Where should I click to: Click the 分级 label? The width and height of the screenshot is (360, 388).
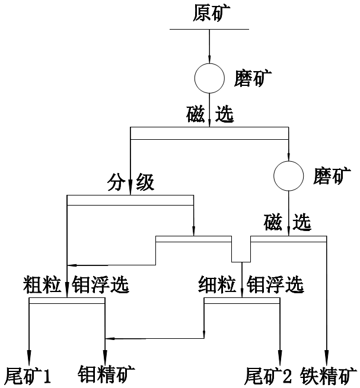[x=131, y=182]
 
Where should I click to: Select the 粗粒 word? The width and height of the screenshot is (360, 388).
[x=43, y=286]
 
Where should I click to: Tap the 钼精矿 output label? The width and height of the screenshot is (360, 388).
[x=107, y=374]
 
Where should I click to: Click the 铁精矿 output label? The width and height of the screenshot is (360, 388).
[x=329, y=375]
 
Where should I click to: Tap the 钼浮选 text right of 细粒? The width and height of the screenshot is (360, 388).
[x=275, y=286]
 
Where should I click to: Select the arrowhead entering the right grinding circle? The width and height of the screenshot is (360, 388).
[x=288, y=156]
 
